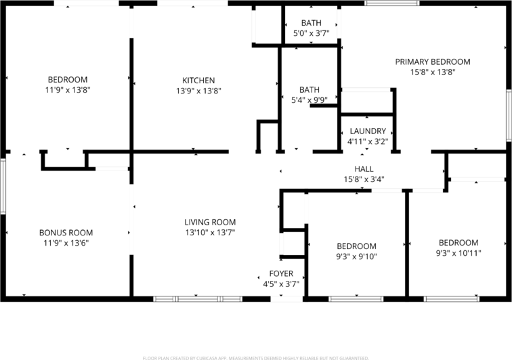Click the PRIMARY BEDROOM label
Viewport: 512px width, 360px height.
coord(432,62)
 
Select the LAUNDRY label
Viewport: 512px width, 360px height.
coord(368,131)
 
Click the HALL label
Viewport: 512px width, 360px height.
coord(364,168)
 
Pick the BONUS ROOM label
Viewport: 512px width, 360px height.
coord(66,233)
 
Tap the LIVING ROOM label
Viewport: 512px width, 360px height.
coord(210,222)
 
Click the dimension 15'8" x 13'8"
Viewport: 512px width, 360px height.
coord(432,72)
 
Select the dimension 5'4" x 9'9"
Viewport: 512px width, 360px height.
coord(310,100)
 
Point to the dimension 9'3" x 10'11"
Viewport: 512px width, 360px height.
coord(458,253)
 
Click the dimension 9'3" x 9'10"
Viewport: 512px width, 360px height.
coord(356,256)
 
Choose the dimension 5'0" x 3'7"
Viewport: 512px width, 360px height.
coord(312,33)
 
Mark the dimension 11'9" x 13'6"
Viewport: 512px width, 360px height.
coord(66,243)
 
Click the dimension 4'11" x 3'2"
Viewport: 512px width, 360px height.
coord(368,141)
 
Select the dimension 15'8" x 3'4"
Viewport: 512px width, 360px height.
coord(364,179)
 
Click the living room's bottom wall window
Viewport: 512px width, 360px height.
coord(197,298)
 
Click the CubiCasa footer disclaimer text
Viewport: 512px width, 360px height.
coord(256,357)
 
